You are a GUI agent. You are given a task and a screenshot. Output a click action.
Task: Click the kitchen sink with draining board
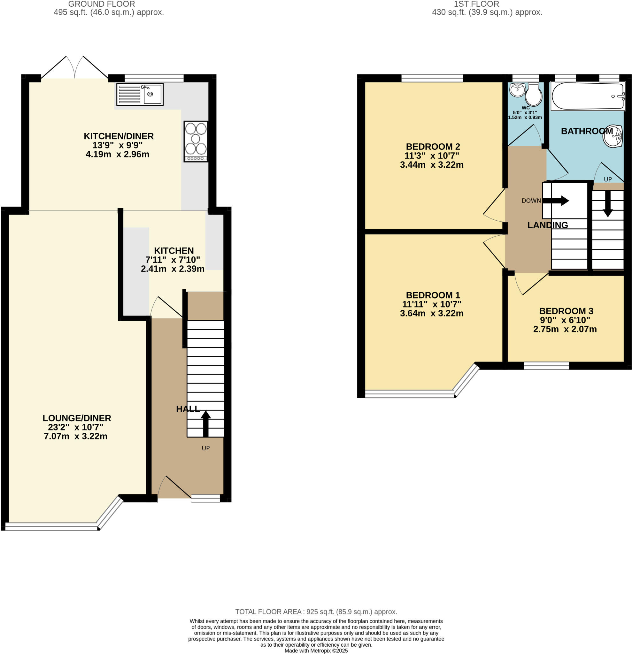point(140,95)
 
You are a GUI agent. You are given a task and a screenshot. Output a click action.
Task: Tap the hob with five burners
point(196,141)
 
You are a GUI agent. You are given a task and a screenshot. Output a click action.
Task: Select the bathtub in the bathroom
point(588,96)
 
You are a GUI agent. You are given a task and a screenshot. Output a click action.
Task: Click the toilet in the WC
point(534,95)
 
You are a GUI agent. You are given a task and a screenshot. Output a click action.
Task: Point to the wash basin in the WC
point(518,90)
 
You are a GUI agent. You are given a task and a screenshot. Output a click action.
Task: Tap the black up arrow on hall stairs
point(206,423)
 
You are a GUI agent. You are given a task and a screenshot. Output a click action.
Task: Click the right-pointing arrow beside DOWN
point(556,201)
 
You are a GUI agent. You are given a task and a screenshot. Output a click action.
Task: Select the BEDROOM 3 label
point(566,311)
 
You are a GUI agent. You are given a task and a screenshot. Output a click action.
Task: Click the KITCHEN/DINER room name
point(119,136)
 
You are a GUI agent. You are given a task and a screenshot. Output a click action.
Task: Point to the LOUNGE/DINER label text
point(77,418)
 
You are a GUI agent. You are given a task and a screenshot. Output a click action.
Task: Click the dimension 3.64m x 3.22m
point(431,313)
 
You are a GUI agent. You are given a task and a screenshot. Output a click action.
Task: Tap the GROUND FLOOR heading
point(102,4)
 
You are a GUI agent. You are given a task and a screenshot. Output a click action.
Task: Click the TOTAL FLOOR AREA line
point(316,612)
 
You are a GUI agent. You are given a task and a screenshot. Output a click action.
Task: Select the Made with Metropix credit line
point(316,651)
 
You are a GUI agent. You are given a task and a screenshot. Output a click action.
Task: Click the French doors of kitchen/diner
point(74,68)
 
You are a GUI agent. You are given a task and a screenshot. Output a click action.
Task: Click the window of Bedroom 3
point(546,366)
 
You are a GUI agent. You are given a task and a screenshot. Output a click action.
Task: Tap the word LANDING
point(548,225)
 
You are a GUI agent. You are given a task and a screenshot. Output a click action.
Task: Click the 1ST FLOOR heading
point(476,4)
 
